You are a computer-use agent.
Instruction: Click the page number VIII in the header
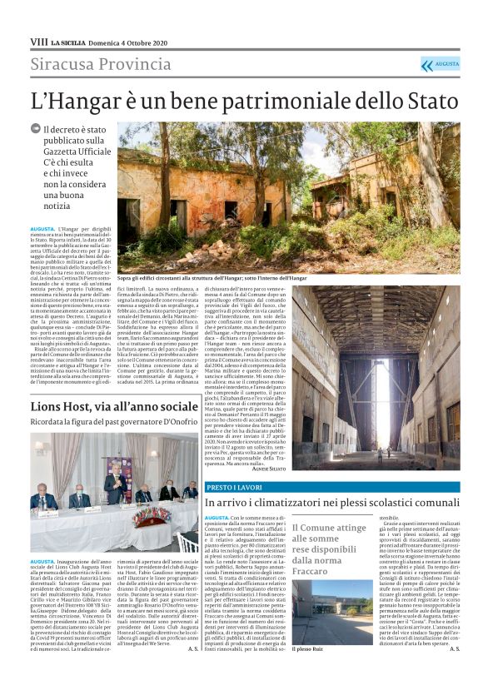coord(38,40)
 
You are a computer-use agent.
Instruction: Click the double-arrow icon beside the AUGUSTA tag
coord(427,65)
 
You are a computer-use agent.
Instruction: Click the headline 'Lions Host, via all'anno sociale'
coord(114,406)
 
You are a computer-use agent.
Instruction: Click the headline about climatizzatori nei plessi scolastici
coord(331,503)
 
